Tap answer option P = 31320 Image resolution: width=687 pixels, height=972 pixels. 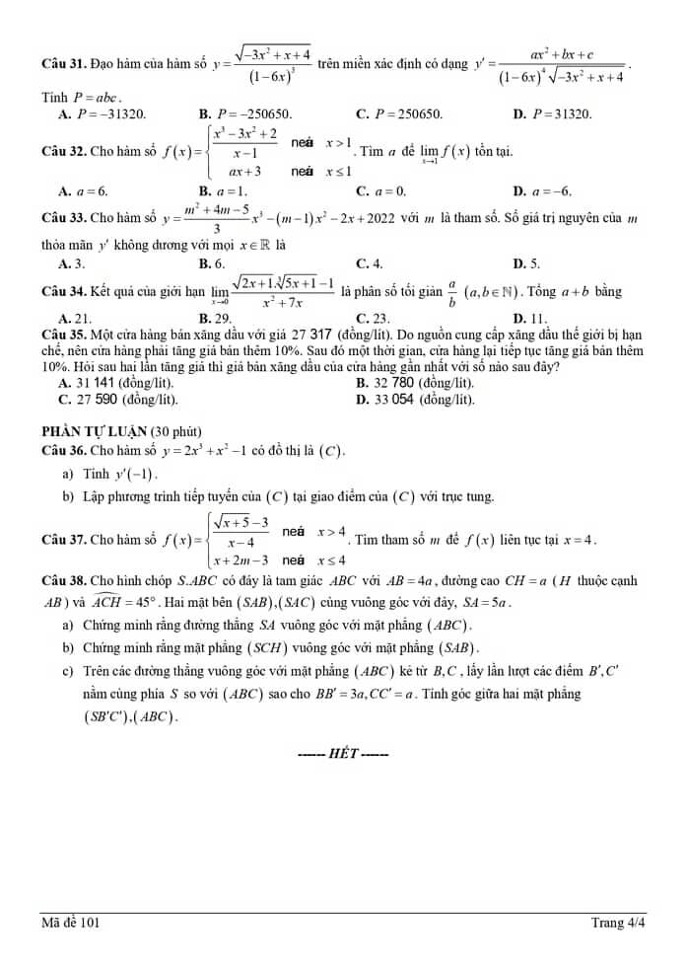click(x=559, y=114)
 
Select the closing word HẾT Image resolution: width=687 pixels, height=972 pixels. click(x=343, y=754)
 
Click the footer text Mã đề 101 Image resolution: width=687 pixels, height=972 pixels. click(x=70, y=924)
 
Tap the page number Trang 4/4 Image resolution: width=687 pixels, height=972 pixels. click(x=618, y=924)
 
